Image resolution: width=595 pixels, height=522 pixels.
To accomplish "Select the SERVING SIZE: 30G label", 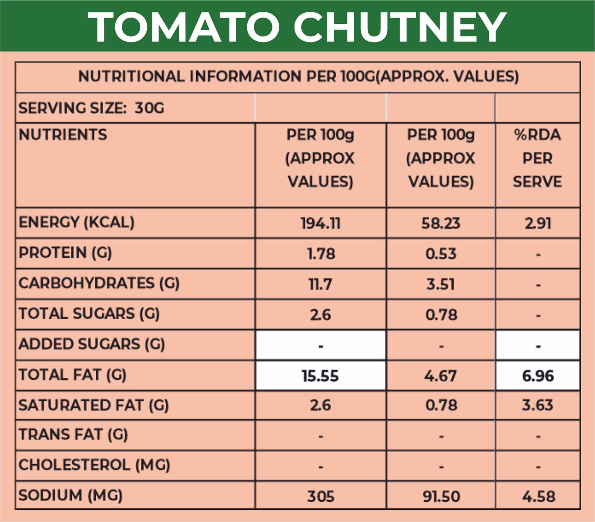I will click(91, 108).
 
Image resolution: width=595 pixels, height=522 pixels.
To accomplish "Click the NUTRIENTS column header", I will click(63, 135).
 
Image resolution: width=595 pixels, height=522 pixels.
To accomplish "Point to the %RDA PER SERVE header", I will click(537, 158).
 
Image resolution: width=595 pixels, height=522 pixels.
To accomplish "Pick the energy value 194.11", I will click(320, 223).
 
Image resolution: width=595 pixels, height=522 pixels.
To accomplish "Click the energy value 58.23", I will click(440, 223).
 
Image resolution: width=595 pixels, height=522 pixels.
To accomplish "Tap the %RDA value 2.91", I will click(538, 223).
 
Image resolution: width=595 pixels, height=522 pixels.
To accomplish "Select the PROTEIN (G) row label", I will click(65, 253).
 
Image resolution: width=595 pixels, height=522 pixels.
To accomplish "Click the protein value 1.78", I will click(321, 254).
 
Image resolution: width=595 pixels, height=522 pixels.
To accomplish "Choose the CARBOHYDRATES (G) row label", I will click(99, 283).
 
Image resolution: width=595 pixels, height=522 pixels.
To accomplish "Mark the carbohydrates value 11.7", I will click(320, 284).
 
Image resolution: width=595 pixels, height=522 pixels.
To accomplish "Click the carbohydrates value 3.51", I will click(440, 284).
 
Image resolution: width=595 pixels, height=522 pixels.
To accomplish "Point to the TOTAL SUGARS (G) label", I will click(89, 313).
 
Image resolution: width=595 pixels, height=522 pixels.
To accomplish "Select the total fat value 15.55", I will click(320, 376).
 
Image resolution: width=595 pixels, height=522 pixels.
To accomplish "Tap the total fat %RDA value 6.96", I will click(538, 376).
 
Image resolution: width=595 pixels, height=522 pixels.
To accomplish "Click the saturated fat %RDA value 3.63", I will click(538, 405).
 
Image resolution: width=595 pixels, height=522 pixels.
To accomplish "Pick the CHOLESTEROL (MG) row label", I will click(94, 465).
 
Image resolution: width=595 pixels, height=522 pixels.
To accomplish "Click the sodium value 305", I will click(320, 497).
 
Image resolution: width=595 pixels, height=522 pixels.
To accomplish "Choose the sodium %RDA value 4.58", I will click(538, 497).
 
